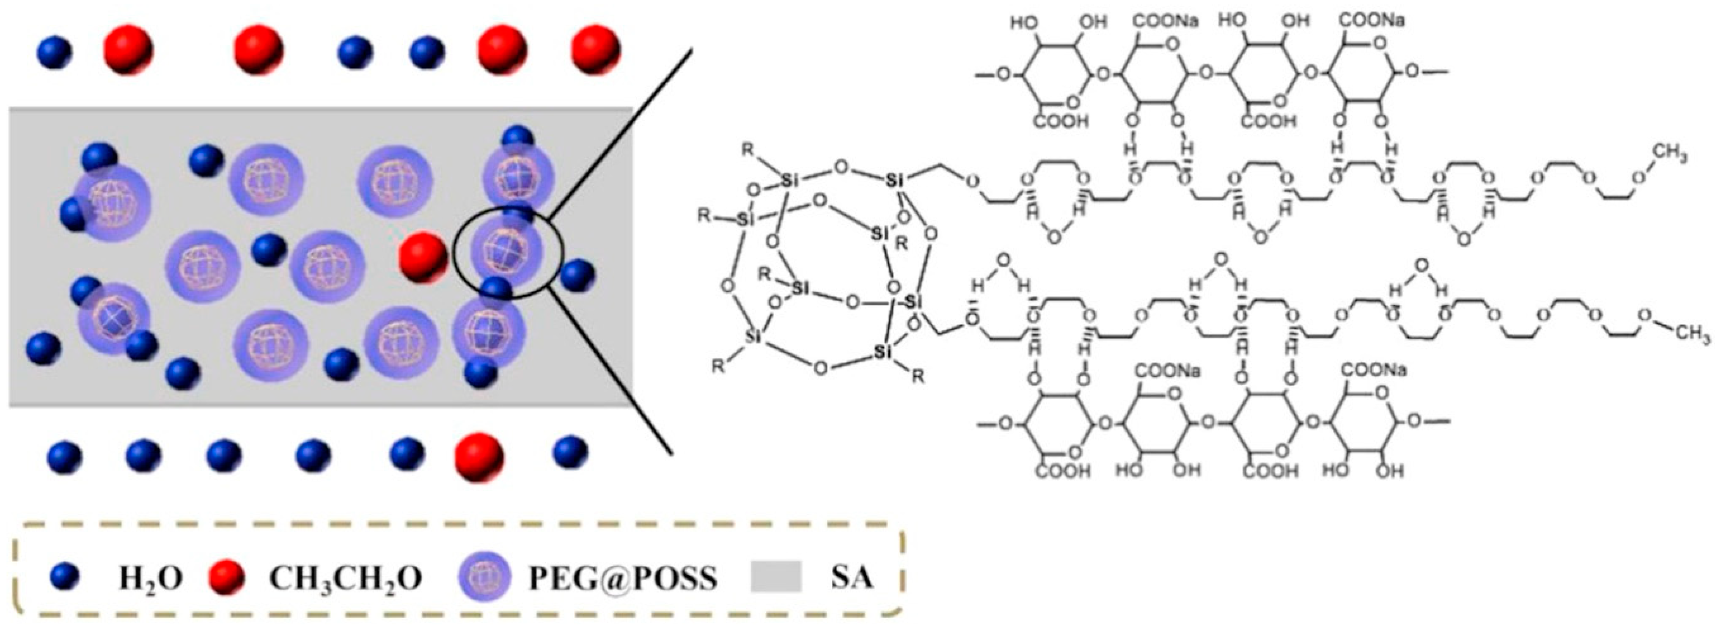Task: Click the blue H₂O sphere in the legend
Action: click(65, 577)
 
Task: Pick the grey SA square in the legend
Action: click(776, 577)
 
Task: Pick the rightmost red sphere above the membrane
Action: click(596, 50)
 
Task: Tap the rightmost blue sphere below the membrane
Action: click(570, 450)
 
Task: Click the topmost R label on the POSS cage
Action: click(748, 148)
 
